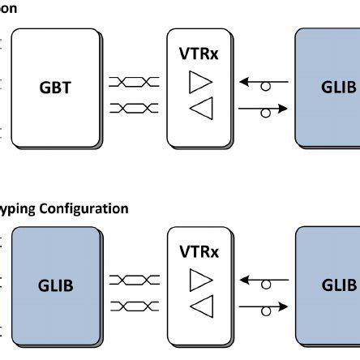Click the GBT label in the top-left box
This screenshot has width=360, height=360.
[55, 88]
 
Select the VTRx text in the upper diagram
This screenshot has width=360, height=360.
[198, 54]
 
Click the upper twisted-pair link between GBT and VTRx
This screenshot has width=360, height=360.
[133, 82]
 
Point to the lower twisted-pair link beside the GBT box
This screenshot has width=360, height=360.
[133, 107]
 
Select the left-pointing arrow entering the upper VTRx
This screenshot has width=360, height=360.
[263, 82]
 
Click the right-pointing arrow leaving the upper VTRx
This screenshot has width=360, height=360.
[264, 108]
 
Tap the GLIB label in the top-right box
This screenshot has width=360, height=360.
[339, 88]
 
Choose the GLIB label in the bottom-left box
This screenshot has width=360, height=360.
[55, 285]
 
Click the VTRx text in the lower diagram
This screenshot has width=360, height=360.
[198, 251]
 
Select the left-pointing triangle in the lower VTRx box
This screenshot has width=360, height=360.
[199, 306]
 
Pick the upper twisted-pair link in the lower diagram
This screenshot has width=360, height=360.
[133, 280]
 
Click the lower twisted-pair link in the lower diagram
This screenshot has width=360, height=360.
[133, 305]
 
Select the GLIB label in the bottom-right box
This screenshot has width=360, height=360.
[339, 285]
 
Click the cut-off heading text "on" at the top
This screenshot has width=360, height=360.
[8, 8]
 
